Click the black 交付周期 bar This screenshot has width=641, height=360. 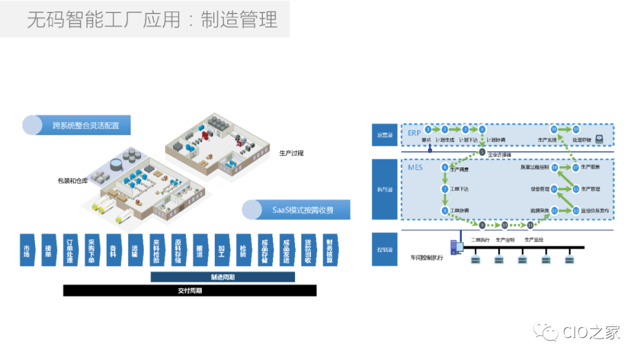tap(190, 291)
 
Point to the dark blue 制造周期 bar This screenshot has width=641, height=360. tap(223, 277)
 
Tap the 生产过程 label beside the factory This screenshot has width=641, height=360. tap(291, 152)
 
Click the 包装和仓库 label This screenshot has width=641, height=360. tap(73, 180)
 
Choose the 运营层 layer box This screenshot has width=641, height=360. tap(385, 135)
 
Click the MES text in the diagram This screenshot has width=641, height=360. tap(415, 168)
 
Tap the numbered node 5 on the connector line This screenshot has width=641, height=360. tap(482, 152)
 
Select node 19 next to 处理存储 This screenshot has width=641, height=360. tap(575, 129)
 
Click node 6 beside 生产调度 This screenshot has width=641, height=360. tap(445, 168)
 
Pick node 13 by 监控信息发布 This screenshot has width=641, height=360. tap(575, 210)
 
